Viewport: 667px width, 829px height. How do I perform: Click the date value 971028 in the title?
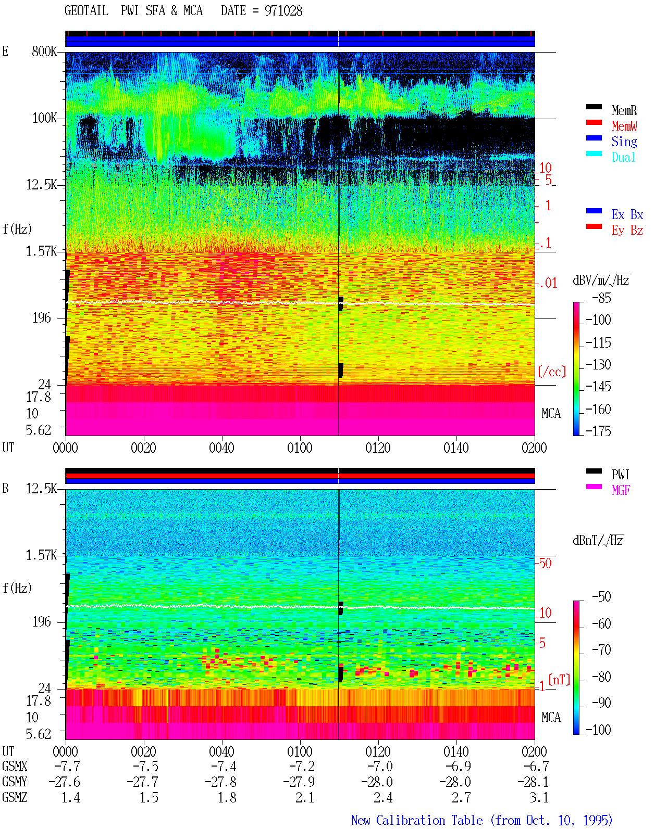283,11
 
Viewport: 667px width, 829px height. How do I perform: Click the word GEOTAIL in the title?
87,11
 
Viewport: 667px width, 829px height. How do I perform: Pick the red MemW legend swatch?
594,122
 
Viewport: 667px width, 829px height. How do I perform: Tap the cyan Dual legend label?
623,157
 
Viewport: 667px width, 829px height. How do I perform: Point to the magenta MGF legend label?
621,490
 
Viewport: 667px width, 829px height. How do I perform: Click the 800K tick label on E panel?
44,51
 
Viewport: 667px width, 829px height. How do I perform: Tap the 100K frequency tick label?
44,118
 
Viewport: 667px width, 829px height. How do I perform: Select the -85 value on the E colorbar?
601,298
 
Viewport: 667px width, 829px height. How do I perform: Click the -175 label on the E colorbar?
598,431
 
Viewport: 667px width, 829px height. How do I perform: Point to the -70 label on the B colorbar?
601,650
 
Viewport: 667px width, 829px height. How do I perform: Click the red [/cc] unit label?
552,372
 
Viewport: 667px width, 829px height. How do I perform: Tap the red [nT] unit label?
559,680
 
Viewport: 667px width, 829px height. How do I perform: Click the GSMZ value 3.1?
539,797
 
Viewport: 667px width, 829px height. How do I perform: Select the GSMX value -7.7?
68,766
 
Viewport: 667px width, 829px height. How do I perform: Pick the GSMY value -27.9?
299,782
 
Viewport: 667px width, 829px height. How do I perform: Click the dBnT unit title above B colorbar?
598,541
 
